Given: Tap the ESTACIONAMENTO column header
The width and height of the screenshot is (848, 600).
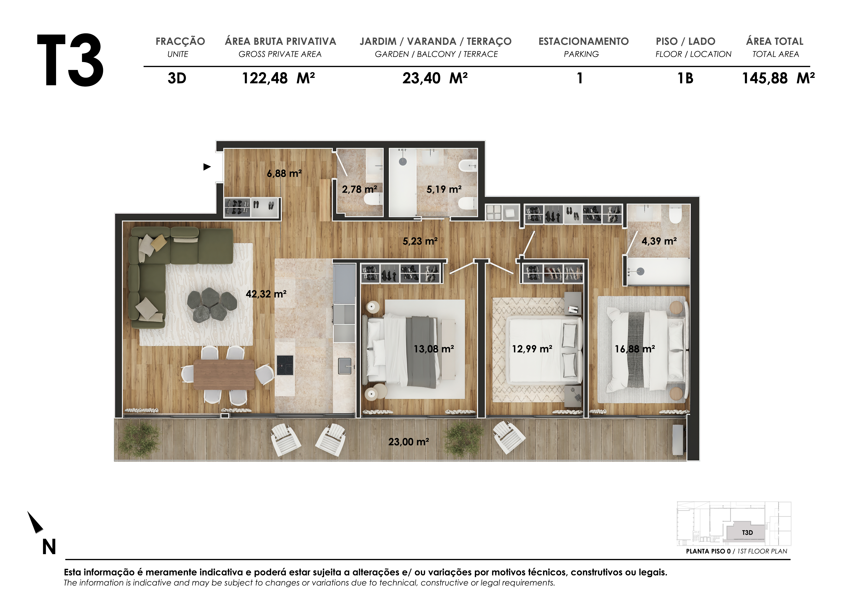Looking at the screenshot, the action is (x=583, y=41).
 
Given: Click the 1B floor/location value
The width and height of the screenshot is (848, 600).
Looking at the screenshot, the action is (x=685, y=78).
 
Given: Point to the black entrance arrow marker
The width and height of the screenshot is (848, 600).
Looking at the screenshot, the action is (x=207, y=167).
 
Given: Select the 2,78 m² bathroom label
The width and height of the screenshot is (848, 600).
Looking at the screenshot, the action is (x=359, y=189).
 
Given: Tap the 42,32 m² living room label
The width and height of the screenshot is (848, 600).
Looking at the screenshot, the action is (x=266, y=294).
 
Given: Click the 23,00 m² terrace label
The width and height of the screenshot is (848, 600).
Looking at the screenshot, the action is (x=409, y=442).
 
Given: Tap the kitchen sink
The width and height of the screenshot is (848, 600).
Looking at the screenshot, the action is (x=345, y=366).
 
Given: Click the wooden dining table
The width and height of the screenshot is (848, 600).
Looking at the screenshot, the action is (x=224, y=375).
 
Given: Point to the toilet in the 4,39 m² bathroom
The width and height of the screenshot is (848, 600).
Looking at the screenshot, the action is (x=676, y=214).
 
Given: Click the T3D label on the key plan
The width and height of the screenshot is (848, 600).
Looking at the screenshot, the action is (x=747, y=533).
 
